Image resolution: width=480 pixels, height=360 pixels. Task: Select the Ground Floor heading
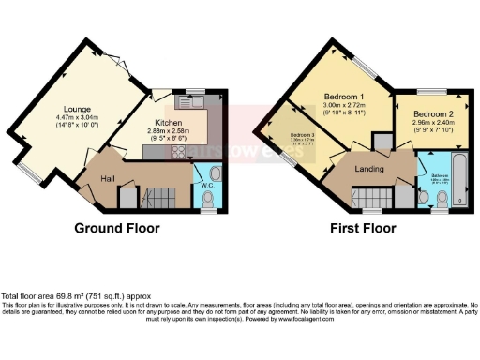tap(117, 228)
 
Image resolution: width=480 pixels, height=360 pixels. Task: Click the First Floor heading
tap(360, 228)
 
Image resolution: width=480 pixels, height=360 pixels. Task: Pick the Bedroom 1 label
tap(345, 97)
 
